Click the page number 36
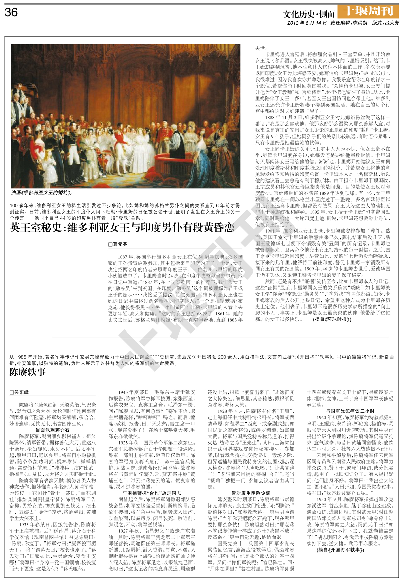(x=11, y=12)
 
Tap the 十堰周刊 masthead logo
(x=368, y=11)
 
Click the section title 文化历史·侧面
(x=309, y=14)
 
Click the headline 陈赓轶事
(x=28, y=372)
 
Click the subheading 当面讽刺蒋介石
(x=52, y=430)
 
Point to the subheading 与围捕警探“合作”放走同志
(x=152, y=493)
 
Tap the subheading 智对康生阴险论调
(x=251, y=493)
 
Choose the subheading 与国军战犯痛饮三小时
(x=350, y=411)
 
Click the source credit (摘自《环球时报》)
(x=332, y=319)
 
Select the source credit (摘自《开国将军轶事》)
(x=340, y=550)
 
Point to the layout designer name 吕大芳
(x=391, y=23)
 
